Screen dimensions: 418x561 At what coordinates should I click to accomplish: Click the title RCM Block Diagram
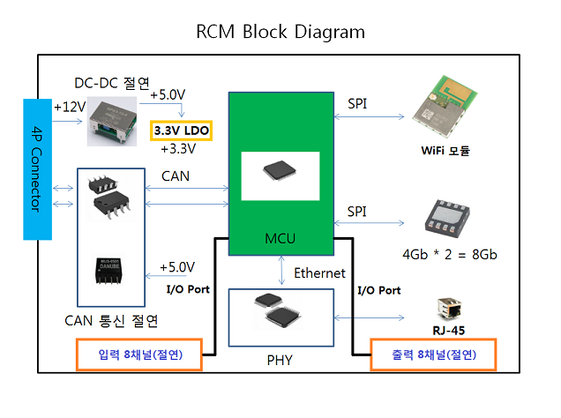coord(280,33)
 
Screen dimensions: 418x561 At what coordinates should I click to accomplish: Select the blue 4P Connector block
coord(37,168)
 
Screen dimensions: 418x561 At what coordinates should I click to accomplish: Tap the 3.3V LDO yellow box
coord(183,130)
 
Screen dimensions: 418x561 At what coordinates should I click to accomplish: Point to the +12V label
coord(69,107)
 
